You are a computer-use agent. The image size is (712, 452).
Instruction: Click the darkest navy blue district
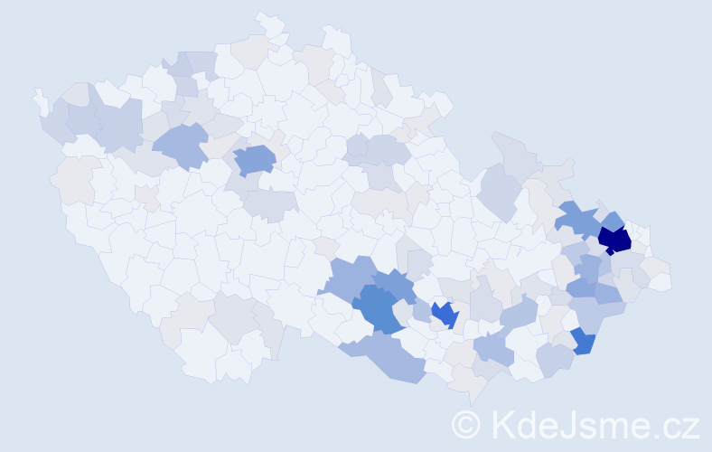pyautogui.click(x=614, y=240)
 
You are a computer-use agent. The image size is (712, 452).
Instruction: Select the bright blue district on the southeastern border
pyautogui.click(x=583, y=342)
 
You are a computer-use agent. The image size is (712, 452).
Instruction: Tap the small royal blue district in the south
pyautogui.click(x=444, y=315)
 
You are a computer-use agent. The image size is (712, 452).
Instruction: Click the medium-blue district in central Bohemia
pyautogui.click(x=254, y=160)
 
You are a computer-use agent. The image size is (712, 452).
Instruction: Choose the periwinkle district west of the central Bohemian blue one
pyautogui.click(x=181, y=145)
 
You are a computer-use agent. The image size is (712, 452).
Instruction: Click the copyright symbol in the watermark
pyautogui.click(x=466, y=424)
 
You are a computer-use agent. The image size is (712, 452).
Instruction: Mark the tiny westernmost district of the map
pyautogui.click(x=39, y=99)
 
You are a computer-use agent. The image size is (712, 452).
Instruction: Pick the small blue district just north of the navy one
pyautogui.click(x=613, y=220)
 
